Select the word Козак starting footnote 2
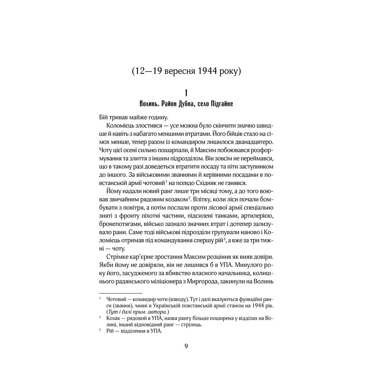[113, 318]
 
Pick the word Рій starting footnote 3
[110, 331]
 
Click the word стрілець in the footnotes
[190, 324]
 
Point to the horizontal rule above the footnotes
[120, 293]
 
